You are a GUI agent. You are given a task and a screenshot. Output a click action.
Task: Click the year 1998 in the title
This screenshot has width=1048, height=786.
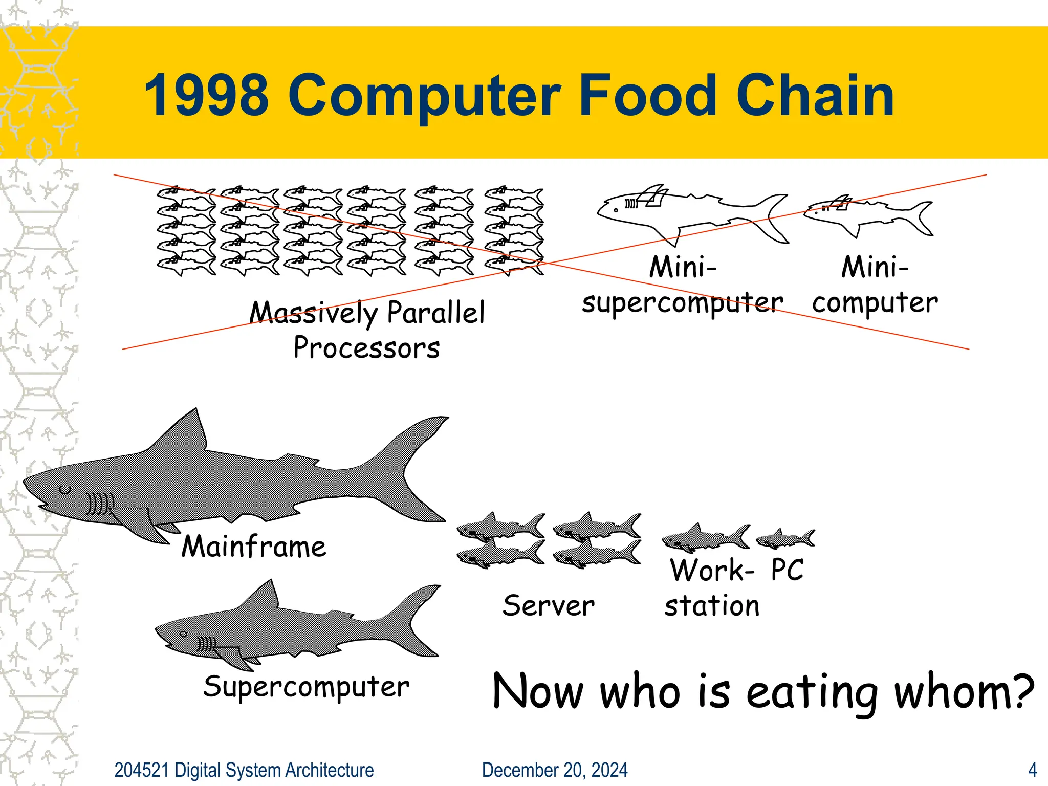click(206, 96)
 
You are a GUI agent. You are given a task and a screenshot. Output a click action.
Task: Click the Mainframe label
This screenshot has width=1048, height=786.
click(254, 547)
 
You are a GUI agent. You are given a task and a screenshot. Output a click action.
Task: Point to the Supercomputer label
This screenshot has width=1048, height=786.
click(306, 687)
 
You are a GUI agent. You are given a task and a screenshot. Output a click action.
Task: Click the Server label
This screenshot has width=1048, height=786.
click(549, 606)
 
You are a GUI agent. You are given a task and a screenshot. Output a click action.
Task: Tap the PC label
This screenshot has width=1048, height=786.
click(788, 570)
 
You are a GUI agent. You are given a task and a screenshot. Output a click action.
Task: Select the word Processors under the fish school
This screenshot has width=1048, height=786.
click(366, 348)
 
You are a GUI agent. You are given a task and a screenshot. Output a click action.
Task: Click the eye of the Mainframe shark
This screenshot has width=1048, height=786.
click(65, 490)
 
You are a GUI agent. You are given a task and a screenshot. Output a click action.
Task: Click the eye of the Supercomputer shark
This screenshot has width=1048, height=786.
click(184, 635)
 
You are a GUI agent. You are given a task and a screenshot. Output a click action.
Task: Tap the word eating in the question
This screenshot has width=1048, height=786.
click(812, 692)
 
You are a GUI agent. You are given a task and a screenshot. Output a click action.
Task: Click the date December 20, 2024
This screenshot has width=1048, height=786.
click(555, 770)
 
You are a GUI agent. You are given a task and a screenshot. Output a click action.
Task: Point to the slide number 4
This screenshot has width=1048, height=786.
click(1033, 770)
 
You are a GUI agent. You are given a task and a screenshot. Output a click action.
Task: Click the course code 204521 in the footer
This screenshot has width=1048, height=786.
click(141, 770)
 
